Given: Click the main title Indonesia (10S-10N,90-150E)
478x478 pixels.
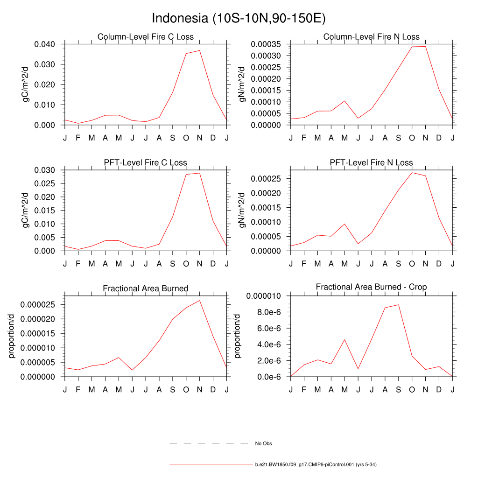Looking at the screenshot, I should [239, 19].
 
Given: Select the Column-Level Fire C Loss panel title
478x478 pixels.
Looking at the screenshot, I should [145, 37].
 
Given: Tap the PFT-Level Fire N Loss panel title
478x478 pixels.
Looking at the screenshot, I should [371, 162].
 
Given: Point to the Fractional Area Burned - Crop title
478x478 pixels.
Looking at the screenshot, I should [371, 287].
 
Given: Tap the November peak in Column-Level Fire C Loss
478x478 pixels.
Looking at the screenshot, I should [199, 50].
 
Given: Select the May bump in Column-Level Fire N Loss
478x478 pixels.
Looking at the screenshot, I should [344, 101].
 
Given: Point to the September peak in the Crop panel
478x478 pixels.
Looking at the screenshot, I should [398, 305].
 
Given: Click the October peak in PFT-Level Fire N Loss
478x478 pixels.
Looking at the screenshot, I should [412, 173].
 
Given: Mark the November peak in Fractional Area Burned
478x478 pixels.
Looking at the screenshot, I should [199, 300].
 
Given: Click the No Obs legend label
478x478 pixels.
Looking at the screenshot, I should [263, 443].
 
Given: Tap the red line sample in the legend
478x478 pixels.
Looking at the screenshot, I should [211, 465].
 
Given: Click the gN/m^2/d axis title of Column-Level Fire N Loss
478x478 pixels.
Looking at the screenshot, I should [242, 84].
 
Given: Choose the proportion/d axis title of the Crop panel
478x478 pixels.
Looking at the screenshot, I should [238, 336].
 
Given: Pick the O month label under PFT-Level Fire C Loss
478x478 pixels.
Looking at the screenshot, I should [186, 264].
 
